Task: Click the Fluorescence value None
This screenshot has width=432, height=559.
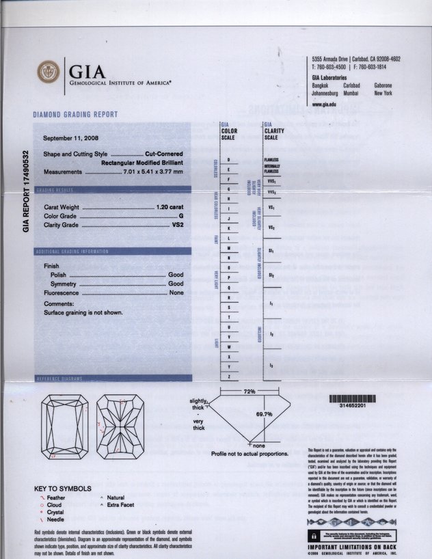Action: tap(176, 292)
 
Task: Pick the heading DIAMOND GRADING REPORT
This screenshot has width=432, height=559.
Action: tap(75, 115)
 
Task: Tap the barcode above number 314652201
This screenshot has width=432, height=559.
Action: tap(352, 398)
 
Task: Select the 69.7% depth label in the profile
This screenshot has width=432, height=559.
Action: tap(264, 414)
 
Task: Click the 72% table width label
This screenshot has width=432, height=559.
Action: tap(249, 392)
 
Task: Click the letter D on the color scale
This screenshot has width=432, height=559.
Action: tap(228, 159)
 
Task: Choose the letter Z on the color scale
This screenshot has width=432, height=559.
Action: tap(228, 377)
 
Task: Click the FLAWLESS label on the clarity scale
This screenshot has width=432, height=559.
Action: tap(271, 159)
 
